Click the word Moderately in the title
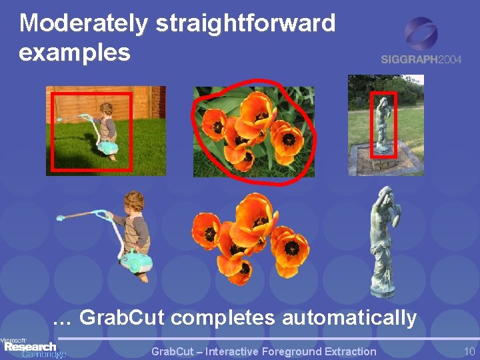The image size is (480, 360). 83,24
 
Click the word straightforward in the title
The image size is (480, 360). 245,24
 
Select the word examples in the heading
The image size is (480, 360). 75,53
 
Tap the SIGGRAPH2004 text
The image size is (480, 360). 421,59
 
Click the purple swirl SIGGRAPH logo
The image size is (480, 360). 421,34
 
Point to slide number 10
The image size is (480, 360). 469,351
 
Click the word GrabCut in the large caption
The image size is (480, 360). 121,317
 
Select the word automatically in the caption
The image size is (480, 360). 349,319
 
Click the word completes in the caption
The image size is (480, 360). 223,319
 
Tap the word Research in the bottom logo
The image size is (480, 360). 30,347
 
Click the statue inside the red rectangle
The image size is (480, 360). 383,125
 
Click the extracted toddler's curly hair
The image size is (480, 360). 135,201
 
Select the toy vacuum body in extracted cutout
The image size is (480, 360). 136,263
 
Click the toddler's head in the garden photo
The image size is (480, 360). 107,109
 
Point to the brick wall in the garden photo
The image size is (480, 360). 159,102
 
